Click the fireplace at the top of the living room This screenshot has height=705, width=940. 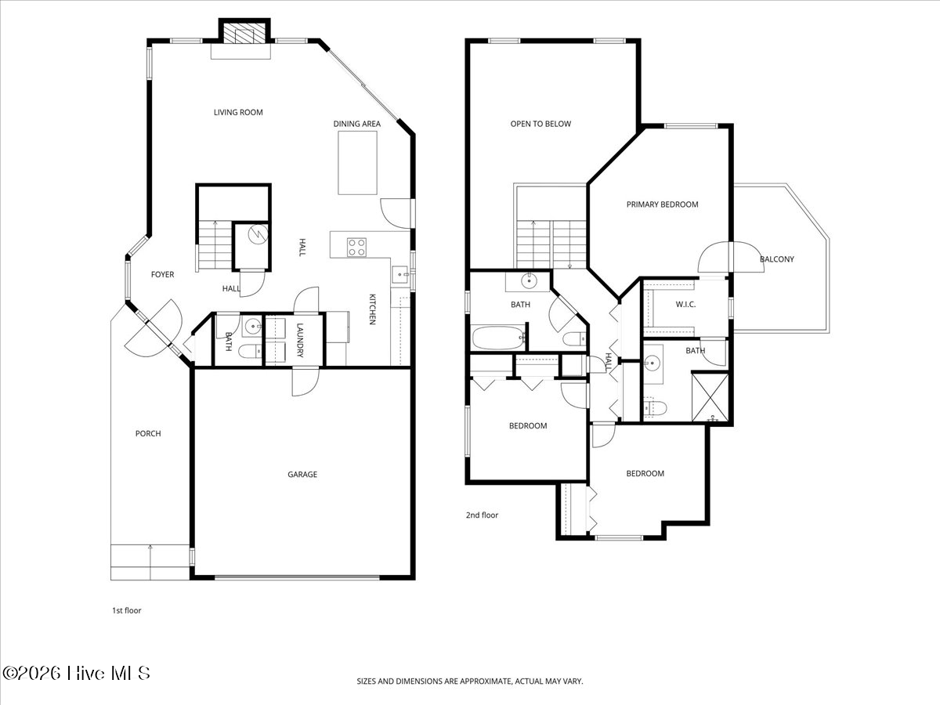[241, 33]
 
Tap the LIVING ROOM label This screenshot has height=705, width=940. [238, 113]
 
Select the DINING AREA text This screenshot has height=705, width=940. [357, 124]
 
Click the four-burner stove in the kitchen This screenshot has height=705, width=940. [356, 247]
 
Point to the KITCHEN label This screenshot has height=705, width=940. [373, 309]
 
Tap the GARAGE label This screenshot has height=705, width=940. [302, 475]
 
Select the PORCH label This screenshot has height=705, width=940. [148, 434]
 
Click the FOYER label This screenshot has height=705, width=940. [162, 275]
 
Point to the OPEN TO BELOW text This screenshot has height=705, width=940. [540, 124]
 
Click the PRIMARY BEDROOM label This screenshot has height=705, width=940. [662, 204]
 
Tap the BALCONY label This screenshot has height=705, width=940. [776, 259]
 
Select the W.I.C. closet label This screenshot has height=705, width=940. [685, 304]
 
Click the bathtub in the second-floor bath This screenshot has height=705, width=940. [498, 338]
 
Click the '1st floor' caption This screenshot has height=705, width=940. [126, 610]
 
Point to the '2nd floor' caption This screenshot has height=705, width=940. [482, 515]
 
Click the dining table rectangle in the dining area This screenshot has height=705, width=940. [357, 163]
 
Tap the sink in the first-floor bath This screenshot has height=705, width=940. [252, 326]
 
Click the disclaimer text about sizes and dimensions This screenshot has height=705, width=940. [470, 682]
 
